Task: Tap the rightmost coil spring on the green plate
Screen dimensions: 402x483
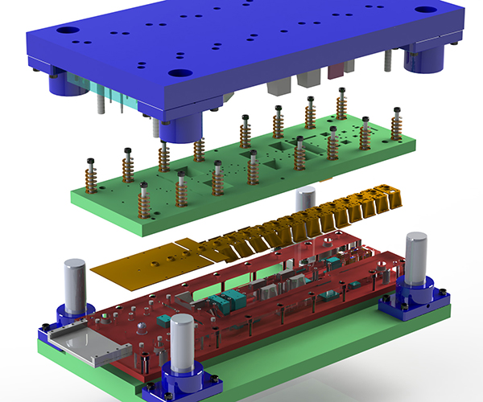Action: [396, 124]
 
